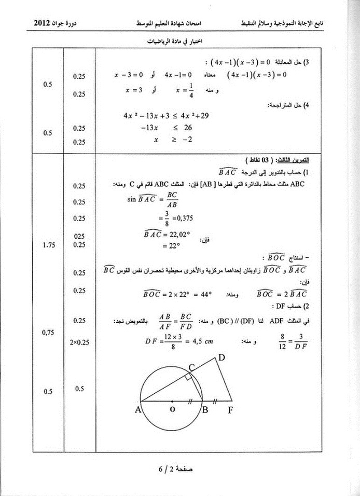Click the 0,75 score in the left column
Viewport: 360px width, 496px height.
[x=50, y=332]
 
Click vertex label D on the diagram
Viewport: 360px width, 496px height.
[x=221, y=357]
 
